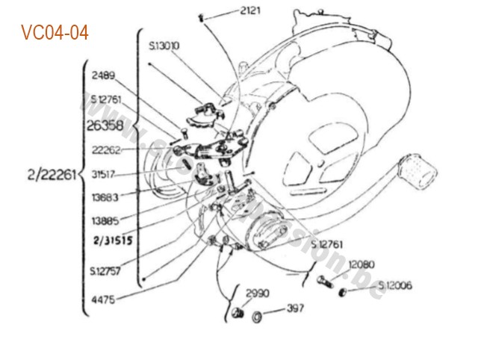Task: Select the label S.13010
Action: (163, 46)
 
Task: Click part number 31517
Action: (105, 174)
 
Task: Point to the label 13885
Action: (105, 222)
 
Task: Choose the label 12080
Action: (362, 264)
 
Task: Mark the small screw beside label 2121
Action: (202, 16)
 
